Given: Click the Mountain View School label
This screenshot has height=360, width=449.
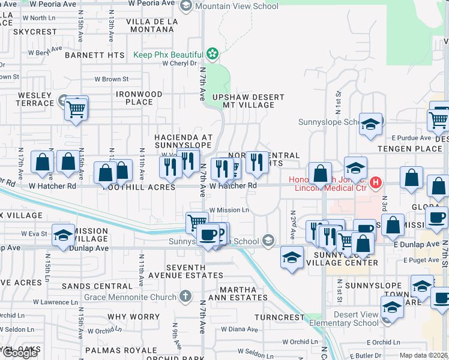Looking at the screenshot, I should click(237, 7).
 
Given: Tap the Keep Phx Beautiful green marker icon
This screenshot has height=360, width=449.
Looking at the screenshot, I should click(211, 55).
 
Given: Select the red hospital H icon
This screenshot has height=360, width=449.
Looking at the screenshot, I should click(376, 182).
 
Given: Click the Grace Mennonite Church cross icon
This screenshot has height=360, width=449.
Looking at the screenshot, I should click(186, 296).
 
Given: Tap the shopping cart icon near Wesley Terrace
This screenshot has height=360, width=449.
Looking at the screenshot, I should click(76, 109).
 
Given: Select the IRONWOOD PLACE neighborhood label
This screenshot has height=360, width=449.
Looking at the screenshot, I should click(139, 98).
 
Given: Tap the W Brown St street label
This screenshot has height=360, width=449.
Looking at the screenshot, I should click(111, 79).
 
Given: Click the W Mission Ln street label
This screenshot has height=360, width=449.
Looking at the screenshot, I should click(229, 210).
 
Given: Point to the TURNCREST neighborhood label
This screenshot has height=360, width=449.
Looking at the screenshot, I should click(279, 317).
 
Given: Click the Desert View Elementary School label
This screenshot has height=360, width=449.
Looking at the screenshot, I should click(349, 319).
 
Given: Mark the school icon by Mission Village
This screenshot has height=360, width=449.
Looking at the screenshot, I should click(64, 235).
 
